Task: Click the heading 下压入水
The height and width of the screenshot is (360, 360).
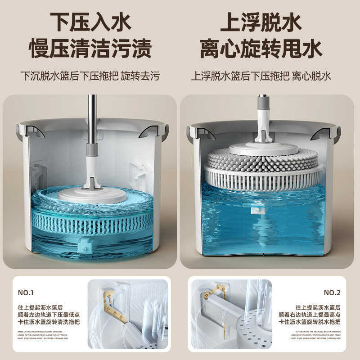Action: [90, 21]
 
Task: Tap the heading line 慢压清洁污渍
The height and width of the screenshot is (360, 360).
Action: [90, 49]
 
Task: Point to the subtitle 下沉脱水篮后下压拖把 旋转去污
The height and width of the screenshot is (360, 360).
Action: [90, 75]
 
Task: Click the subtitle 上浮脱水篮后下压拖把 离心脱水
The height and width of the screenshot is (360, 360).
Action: [261, 75]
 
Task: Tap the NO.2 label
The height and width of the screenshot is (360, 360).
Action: [332, 292]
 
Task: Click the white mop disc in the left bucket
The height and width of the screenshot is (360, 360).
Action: [93, 194]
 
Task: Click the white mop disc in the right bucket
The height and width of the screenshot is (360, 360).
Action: [263, 148]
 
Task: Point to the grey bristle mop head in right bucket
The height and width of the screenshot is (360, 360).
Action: [263, 158]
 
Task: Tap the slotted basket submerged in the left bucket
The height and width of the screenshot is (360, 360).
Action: [92, 220]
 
